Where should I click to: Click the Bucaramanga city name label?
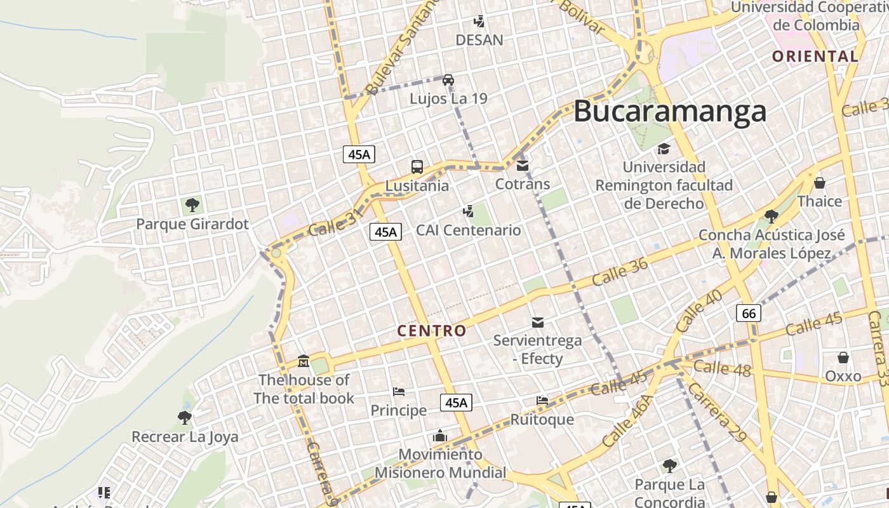point(670,112)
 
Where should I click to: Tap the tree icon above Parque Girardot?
point(192,205)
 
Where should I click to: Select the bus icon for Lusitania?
point(417,167)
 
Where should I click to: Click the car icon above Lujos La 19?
point(448,80)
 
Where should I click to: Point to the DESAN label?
point(479,40)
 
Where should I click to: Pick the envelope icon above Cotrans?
point(523,166)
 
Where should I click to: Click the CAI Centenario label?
point(468,230)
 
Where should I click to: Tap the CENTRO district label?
point(432,331)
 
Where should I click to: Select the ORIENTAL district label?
point(815,57)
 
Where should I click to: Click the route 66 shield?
point(749,313)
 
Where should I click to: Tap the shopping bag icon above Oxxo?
point(843,358)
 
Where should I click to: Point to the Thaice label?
point(819,201)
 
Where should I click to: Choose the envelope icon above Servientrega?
point(538,323)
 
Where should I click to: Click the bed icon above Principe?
point(399,391)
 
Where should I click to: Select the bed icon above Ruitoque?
point(542,400)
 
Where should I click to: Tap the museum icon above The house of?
point(304,361)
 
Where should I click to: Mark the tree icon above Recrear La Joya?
point(185,417)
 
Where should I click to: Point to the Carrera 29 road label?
point(717,411)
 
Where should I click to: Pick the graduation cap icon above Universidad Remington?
point(664,149)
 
